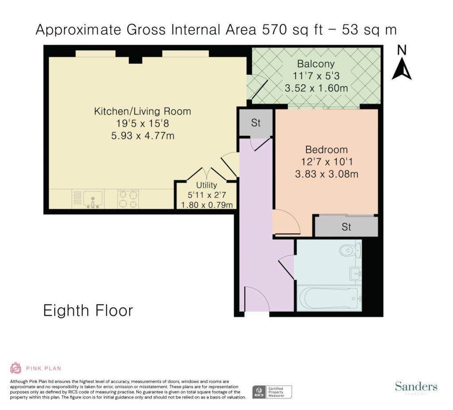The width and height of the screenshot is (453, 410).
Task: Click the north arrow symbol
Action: tap(402, 69)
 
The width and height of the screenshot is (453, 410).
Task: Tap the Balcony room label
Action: tap(316, 64)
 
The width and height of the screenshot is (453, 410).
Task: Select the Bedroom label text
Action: tap(326, 149)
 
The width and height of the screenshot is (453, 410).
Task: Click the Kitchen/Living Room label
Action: tap(142, 111)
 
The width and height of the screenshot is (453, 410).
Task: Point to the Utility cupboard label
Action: tap(207, 185)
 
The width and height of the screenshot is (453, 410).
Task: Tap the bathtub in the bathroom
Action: tap(329, 298)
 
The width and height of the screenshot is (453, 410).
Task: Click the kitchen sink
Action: tap(93, 199)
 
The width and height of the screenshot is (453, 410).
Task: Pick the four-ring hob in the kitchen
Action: tap(128, 199)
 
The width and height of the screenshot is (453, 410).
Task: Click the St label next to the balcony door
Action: tap(256, 123)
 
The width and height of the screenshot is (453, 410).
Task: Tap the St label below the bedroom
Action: tap(346, 227)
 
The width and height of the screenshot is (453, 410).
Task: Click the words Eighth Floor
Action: tap(88, 310)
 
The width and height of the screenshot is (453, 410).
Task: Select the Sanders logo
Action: tap(416, 387)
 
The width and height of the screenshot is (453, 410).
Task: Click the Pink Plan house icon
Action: tap(16, 368)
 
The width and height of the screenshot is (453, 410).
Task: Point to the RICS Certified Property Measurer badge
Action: tap(272, 392)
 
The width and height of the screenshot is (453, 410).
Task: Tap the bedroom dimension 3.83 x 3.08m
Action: tap(327, 174)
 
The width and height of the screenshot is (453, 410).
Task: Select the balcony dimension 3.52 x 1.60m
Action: tap(316, 88)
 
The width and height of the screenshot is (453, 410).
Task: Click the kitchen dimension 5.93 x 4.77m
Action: tap(143, 135)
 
